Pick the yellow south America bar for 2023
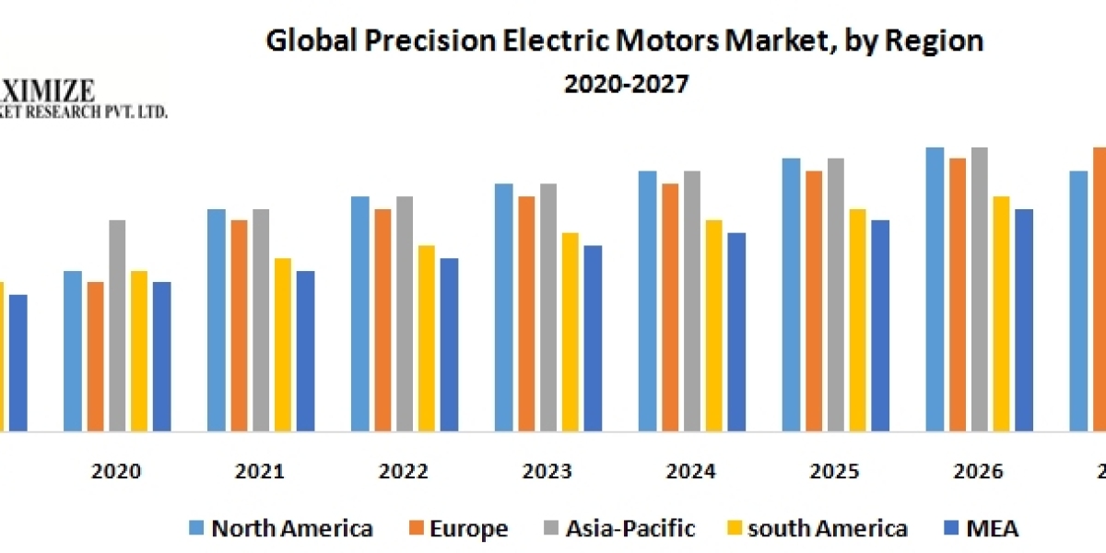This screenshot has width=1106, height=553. tap(571, 332)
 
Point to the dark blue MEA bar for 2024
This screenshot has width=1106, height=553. tap(736, 332)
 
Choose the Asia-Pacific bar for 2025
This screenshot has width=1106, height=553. tap(835, 295)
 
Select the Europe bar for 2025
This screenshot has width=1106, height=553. tap(813, 300)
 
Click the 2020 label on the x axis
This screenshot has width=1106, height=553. tap(116, 472)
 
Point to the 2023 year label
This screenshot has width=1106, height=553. tap(547, 472)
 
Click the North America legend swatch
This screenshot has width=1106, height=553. tap(196, 528)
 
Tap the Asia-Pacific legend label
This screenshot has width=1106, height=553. tap(630, 528)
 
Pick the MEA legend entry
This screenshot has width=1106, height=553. tap(992, 528)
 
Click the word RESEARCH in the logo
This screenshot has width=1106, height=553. tap(77, 112)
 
